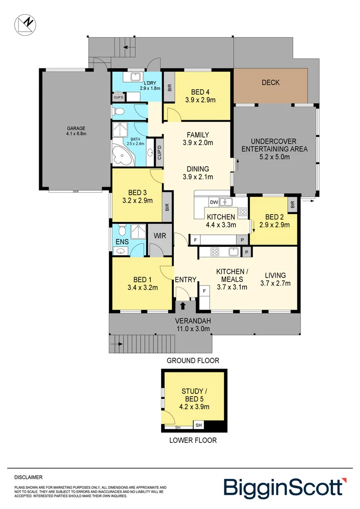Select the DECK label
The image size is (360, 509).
[x=270, y=82]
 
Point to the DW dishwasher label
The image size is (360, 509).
[x=213, y=203]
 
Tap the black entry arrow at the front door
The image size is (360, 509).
[x=182, y=306]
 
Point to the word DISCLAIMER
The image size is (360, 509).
[x=28, y=477]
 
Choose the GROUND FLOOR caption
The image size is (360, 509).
[x=193, y=361]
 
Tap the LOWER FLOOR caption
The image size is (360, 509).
[x=193, y=441]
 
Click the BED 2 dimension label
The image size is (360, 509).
[x=274, y=221]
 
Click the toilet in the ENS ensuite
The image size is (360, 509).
[x=122, y=230]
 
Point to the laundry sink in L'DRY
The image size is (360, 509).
[x=135, y=77]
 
